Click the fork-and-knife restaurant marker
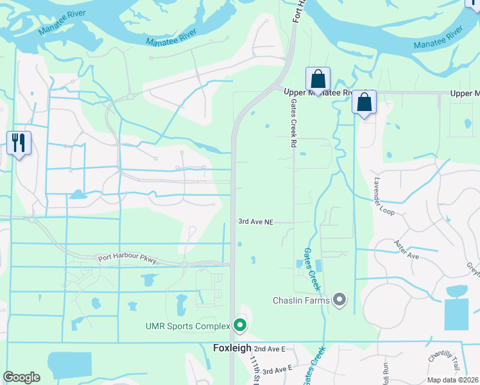19,142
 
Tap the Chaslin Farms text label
301,300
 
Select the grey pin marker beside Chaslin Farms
340,300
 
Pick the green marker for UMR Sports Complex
240,326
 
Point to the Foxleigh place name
231,348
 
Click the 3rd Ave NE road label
256,222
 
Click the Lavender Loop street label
387,195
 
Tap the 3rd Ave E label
277,369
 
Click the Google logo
22,377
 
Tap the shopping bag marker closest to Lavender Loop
364,103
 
